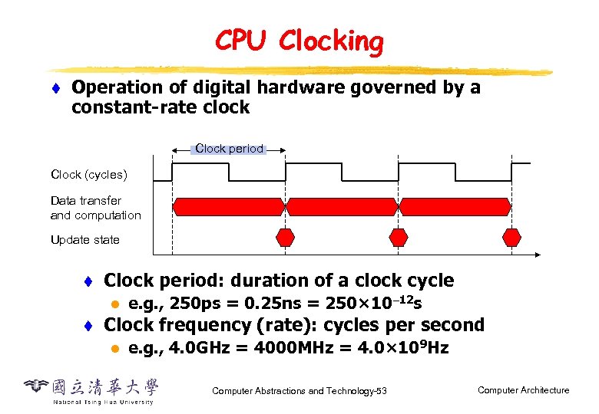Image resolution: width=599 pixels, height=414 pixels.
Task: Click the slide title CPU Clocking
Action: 299,41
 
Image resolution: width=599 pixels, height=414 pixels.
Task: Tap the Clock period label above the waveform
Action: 229,149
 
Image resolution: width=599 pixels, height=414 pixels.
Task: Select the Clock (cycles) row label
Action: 88,175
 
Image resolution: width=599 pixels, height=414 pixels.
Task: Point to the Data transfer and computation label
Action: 95,208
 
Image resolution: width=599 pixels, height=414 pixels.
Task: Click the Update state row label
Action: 84,240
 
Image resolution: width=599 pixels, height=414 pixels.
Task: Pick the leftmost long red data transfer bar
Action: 228,206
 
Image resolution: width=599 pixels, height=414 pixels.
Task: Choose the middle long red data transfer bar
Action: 341,206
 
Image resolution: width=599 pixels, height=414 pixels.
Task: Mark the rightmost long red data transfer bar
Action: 455,206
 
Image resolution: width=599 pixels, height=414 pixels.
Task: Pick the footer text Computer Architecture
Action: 523,390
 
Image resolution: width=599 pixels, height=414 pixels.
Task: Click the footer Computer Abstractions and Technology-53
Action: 299,392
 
